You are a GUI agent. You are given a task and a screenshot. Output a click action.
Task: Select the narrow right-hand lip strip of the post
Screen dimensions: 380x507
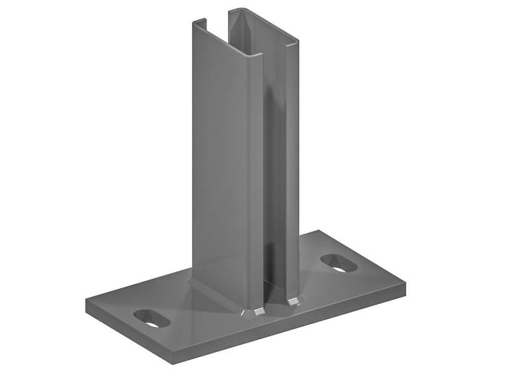point(291,171)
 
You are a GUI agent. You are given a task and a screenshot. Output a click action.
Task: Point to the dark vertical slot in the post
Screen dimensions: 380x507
point(274,190)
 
